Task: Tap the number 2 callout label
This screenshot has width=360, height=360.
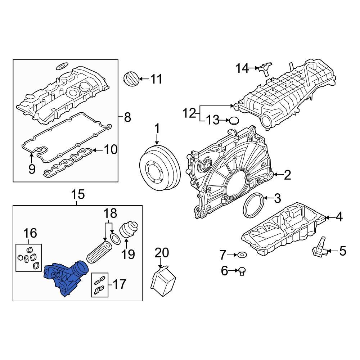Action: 287,175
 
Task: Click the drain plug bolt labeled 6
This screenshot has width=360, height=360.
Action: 242,271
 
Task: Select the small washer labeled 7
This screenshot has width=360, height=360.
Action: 242,255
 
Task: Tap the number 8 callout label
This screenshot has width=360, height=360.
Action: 127,117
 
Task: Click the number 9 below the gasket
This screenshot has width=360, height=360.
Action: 32,169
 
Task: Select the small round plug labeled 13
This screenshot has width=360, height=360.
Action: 234,120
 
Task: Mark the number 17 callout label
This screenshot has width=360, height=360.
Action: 119,284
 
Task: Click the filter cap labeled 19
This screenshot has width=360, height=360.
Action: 127,231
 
